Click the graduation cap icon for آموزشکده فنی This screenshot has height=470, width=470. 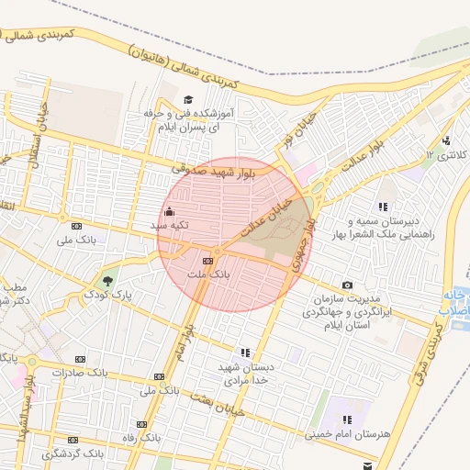coord(189,99)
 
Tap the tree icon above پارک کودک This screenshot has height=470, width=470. coord(109,280)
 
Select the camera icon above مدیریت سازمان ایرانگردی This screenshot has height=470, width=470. coord(347,285)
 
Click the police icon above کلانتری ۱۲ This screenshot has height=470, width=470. coord(446,140)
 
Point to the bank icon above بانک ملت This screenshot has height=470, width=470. coord(219,262)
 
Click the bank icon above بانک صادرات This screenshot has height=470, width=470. coord(81,358)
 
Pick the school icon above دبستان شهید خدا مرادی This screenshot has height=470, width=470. coord(245,352)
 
